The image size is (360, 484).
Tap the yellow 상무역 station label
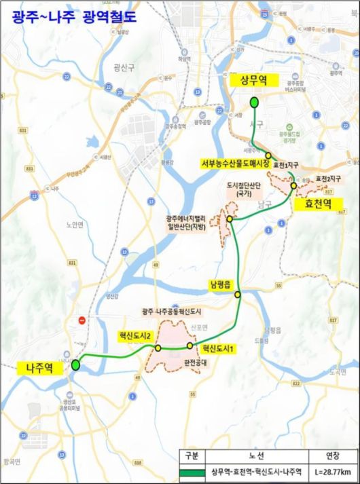(251, 80)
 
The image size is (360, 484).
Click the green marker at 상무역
(253, 103)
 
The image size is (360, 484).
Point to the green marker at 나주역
(75, 365)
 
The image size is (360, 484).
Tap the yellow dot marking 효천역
(293, 185)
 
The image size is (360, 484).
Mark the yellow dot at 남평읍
(238, 295)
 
